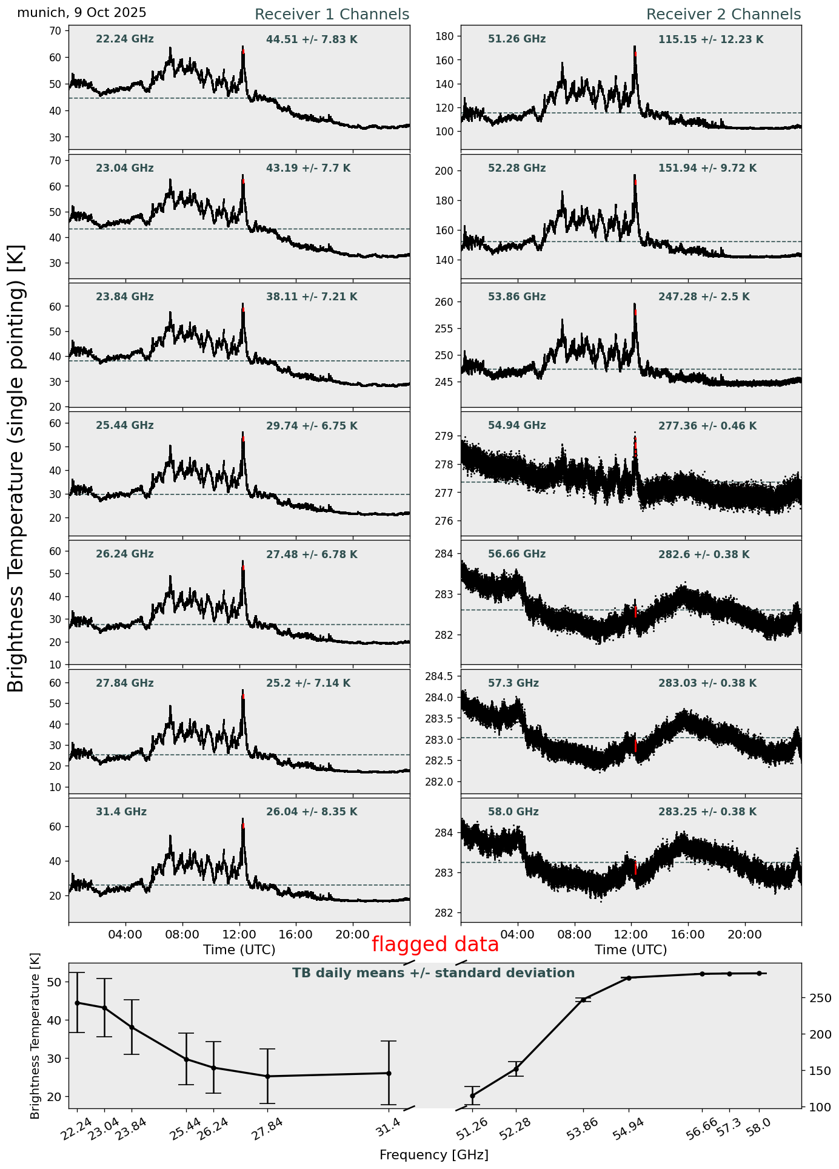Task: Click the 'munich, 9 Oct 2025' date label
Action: pyautogui.click(x=82, y=13)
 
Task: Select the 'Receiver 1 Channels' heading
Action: pyautogui.click(x=332, y=15)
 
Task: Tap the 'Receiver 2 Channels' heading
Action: pyautogui.click(x=723, y=15)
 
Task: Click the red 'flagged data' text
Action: pyautogui.click(x=435, y=945)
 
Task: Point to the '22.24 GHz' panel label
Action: pyautogui.click(x=125, y=39)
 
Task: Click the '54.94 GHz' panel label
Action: pyautogui.click(x=516, y=426)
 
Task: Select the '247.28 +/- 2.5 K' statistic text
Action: pyautogui.click(x=704, y=297)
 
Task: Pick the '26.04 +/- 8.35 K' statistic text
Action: pyautogui.click(x=312, y=812)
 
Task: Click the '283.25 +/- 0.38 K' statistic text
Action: pyautogui.click(x=707, y=812)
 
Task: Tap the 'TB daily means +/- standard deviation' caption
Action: pyautogui.click(x=433, y=973)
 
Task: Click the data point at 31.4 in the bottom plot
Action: pyautogui.click(x=389, y=1073)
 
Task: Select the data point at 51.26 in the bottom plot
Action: pyautogui.click(x=472, y=1096)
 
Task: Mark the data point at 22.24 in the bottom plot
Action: pyautogui.click(x=77, y=1003)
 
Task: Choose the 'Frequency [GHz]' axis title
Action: pyautogui.click(x=433, y=1155)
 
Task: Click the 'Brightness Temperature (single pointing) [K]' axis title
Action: pyautogui.click(x=16, y=468)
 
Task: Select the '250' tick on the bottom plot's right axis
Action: pyautogui.click(x=812, y=998)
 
